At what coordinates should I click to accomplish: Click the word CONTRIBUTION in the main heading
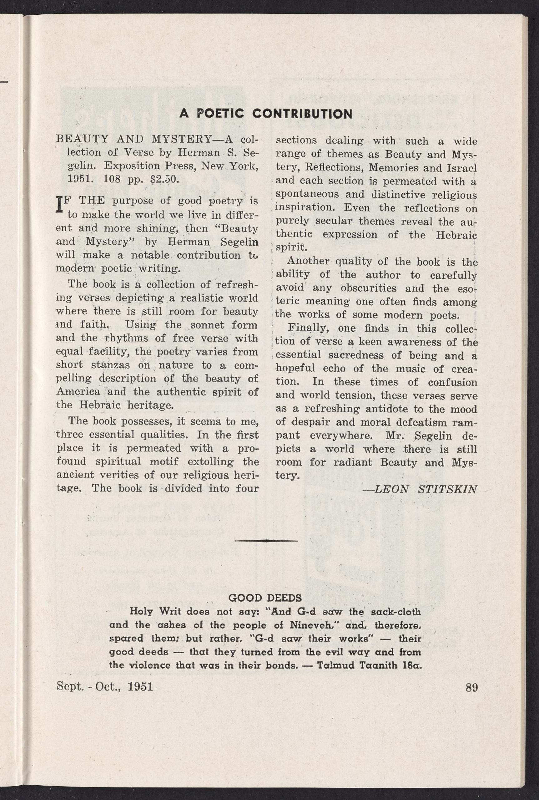tap(303, 114)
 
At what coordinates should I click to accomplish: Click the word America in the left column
tap(78, 392)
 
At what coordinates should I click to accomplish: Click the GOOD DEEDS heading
tap(265, 598)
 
